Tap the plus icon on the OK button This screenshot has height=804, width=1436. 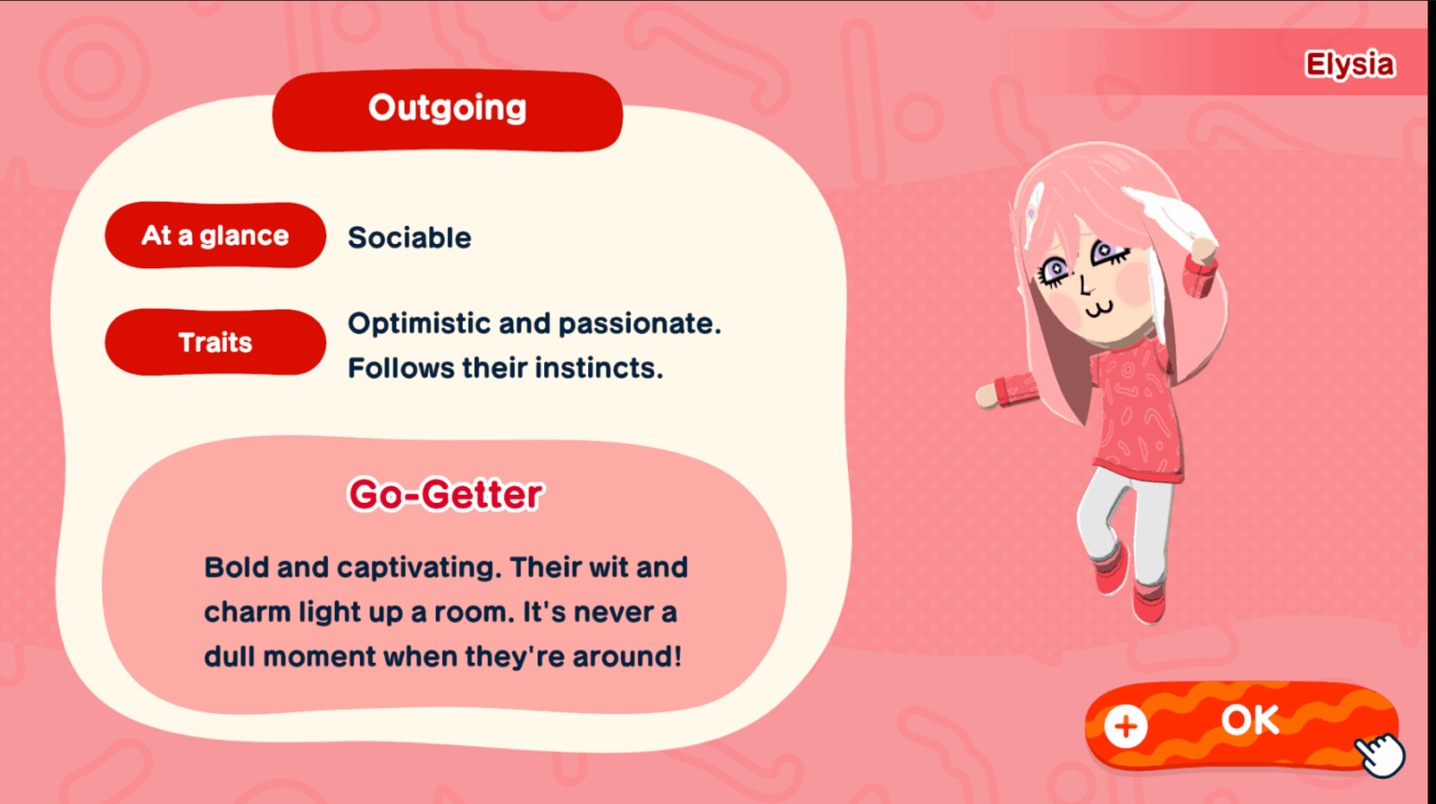[1126, 726]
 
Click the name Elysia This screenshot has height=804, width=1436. [1350, 65]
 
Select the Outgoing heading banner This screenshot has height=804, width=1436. [448, 110]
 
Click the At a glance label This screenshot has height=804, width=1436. [215, 236]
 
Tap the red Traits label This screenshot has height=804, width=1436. [215, 342]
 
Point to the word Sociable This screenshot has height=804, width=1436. [409, 237]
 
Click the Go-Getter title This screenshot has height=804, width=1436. [446, 495]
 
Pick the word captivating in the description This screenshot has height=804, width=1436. [419, 568]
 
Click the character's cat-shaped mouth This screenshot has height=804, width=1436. [1100, 310]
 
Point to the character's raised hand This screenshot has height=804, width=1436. [1203, 250]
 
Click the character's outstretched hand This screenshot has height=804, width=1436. [987, 396]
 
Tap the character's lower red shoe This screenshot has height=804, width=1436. [1149, 603]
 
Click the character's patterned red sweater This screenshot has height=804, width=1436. [1135, 410]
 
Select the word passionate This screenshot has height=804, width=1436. [639, 324]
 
